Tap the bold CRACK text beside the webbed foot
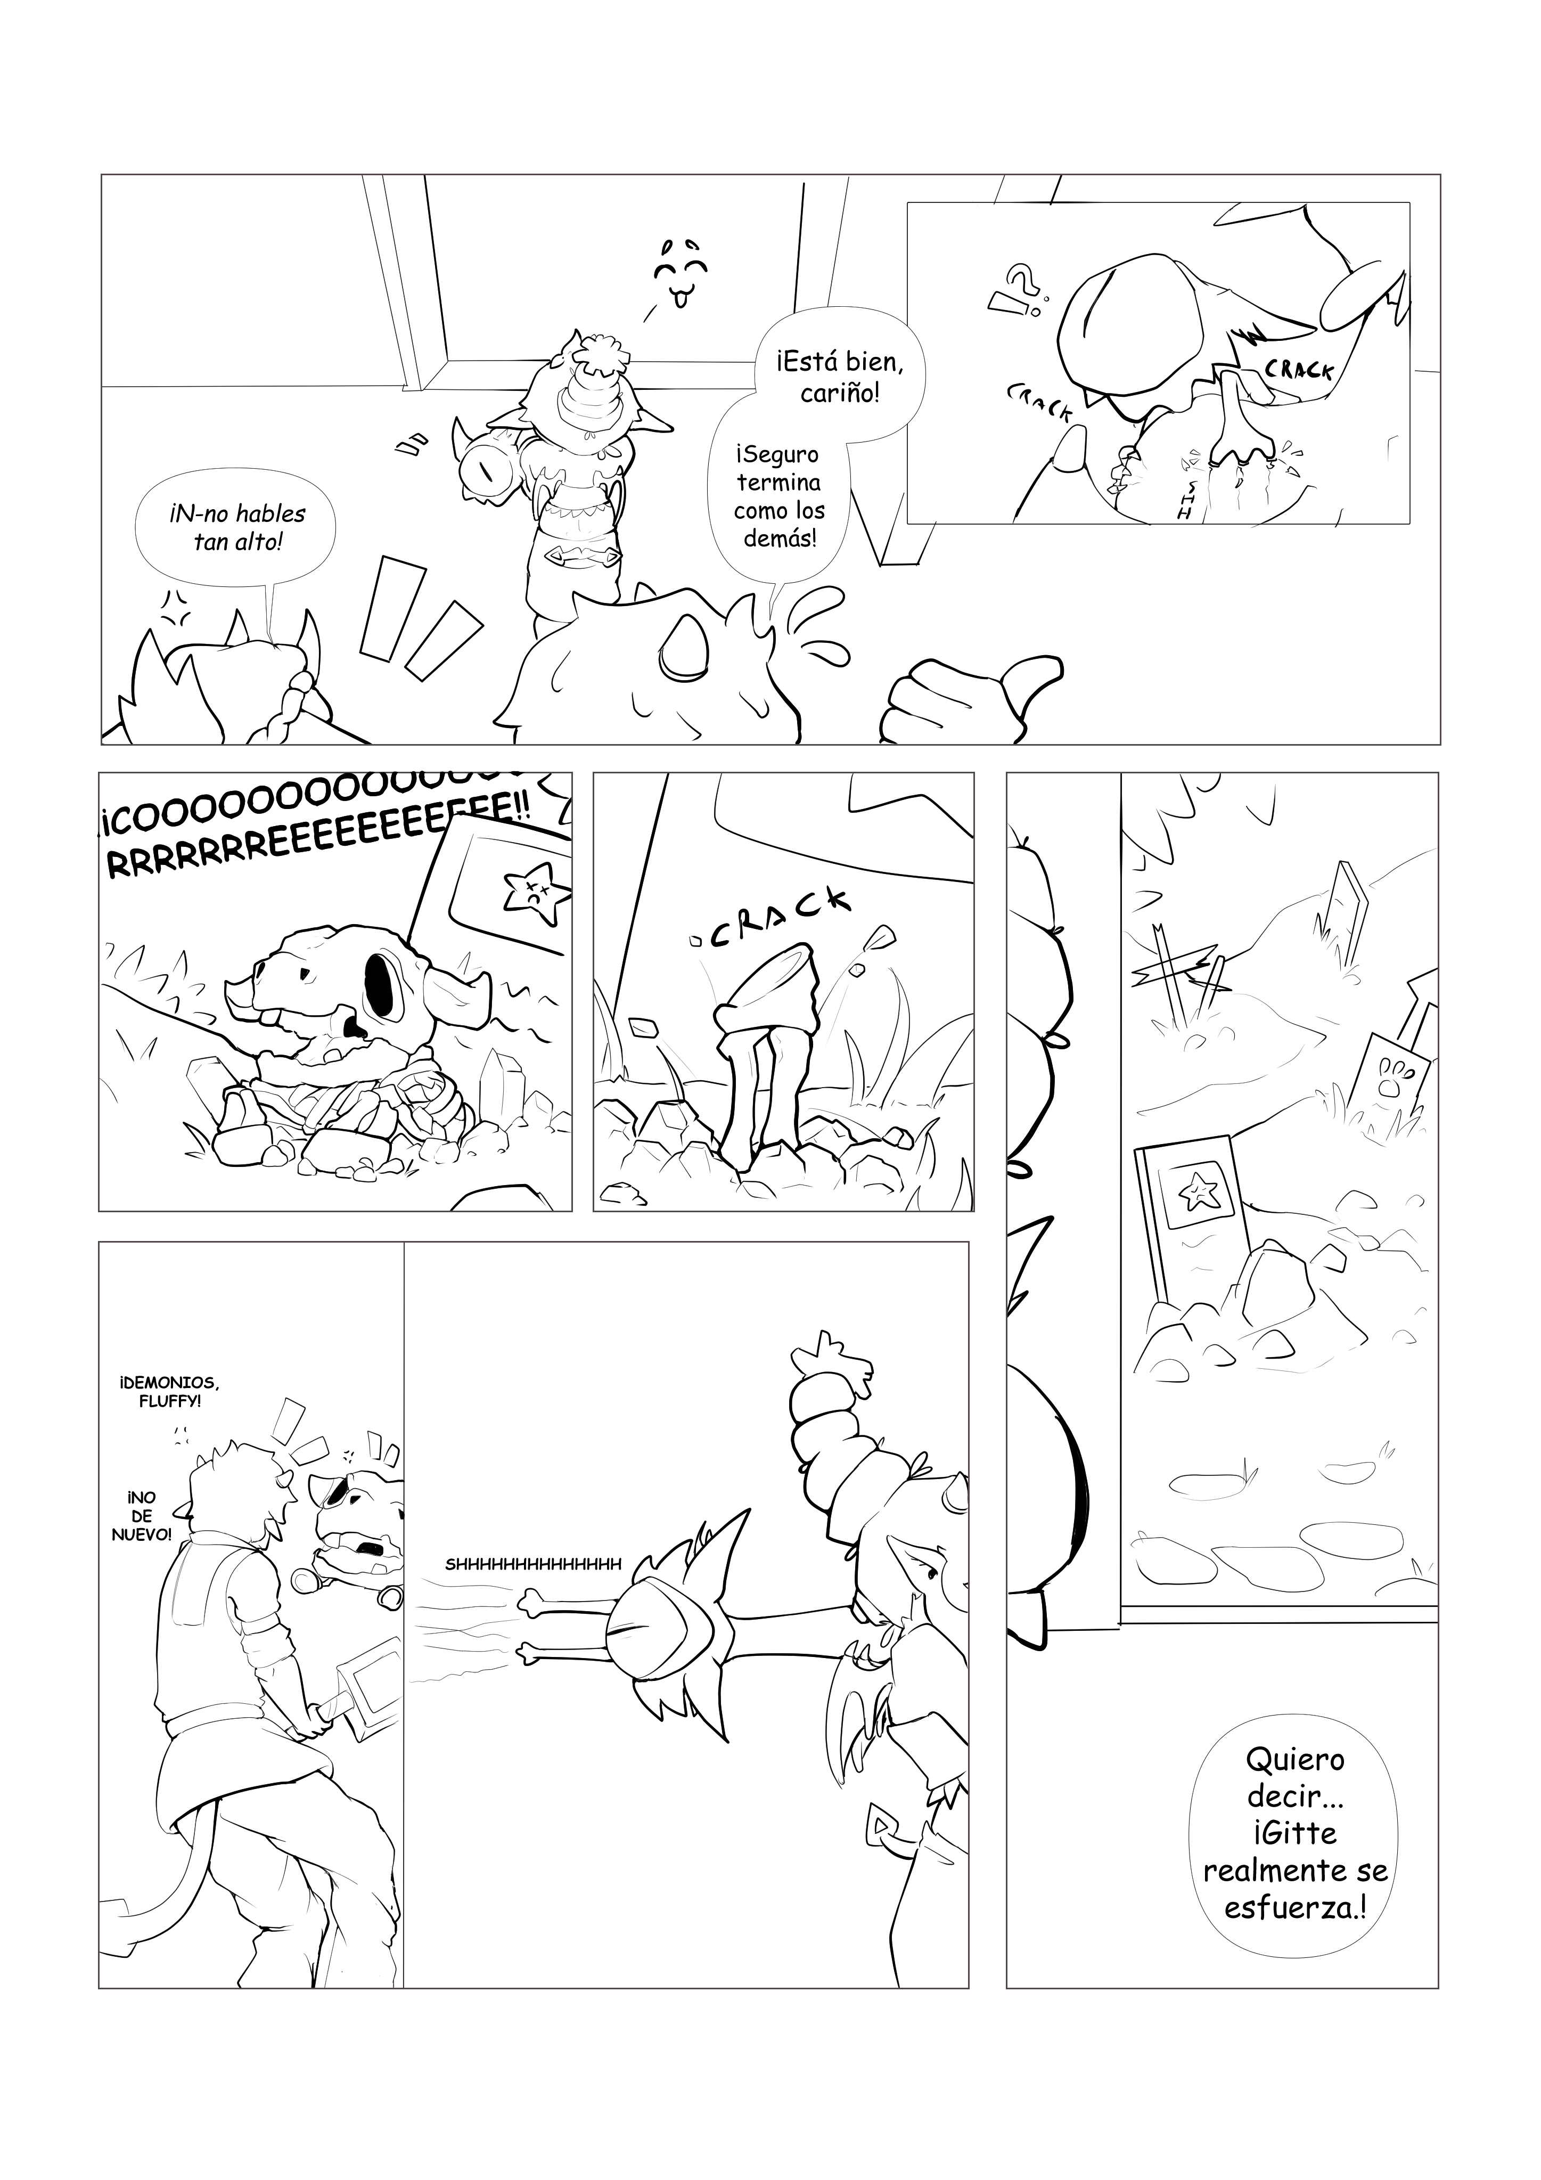click(x=1298, y=369)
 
